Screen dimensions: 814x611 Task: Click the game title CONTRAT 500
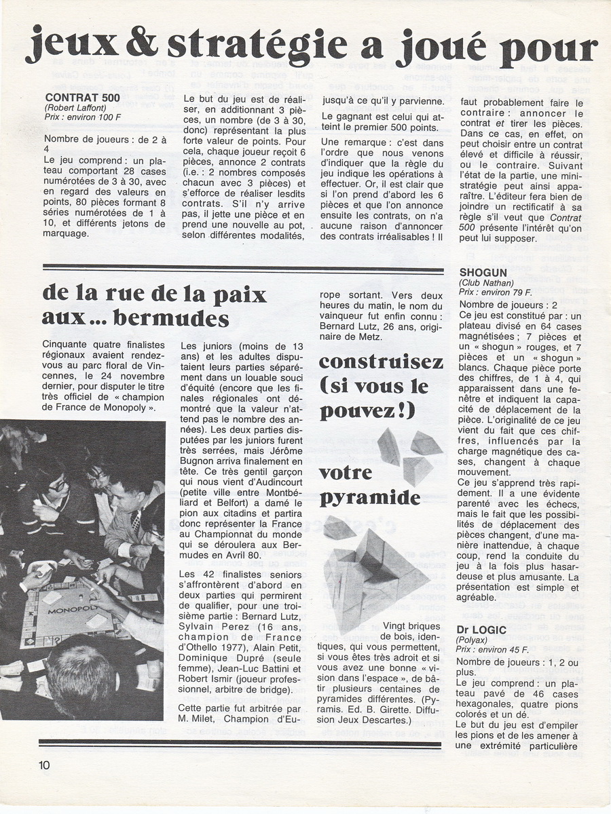click(x=83, y=97)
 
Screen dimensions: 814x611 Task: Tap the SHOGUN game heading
click(x=484, y=272)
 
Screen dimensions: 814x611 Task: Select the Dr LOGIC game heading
click(x=481, y=630)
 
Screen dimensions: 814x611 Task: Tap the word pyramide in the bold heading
click(x=370, y=497)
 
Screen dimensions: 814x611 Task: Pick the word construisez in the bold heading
click(x=381, y=362)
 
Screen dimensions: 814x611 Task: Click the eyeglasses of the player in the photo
click(x=57, y=485)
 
